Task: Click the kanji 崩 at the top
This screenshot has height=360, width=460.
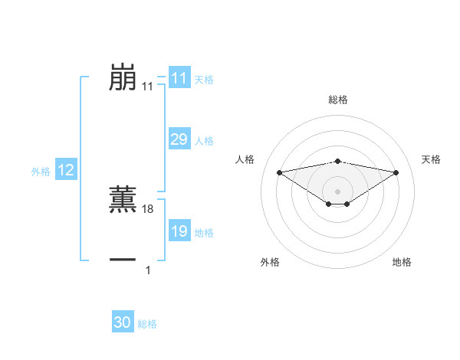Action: point(123,77)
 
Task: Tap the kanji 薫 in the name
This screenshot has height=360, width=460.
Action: point(123,198)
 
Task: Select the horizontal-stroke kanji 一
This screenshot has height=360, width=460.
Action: point(123,260)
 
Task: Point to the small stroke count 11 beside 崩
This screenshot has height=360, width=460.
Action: point(147,87)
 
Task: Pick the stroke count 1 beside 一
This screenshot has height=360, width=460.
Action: point(148,270)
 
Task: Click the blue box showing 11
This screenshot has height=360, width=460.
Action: point(179,78)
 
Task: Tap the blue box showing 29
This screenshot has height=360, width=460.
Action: point(179,139)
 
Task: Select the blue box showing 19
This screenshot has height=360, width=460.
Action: point(179,231)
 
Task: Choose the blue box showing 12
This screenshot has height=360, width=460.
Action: point(66,170)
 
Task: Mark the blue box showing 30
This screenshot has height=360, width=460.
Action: point(123,322)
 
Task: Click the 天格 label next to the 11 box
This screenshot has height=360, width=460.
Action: point(203,79)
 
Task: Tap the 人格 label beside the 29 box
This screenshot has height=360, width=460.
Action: point(203,141)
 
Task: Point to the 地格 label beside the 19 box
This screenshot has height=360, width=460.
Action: point(203,233)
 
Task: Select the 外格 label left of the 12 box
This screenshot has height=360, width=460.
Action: point(41,172)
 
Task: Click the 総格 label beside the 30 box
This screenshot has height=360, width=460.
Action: point(147,324)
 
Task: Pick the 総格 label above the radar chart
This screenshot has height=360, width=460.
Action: point(337,100)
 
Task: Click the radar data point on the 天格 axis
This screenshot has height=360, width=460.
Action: point(396,172)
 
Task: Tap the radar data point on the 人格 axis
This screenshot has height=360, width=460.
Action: point(279,172)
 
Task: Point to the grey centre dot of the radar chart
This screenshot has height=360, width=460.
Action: point(337,190)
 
